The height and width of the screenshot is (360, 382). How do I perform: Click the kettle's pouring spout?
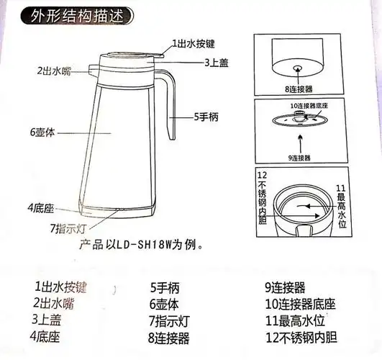pyautogui.click(x=90, y=69)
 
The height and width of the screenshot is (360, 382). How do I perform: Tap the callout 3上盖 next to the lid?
pyautogui.click(x=212, y=63)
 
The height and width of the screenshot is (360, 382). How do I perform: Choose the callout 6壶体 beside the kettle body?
pyautogui.click(x=45, y=132)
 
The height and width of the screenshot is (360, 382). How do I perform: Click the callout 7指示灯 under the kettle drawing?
pyautogui.click(x=69, y=228)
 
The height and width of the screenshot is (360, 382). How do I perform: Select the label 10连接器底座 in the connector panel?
pyautogui.click(x=319, y=106)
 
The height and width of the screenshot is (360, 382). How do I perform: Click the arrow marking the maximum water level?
pyautogui.click(x=317, y=205)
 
